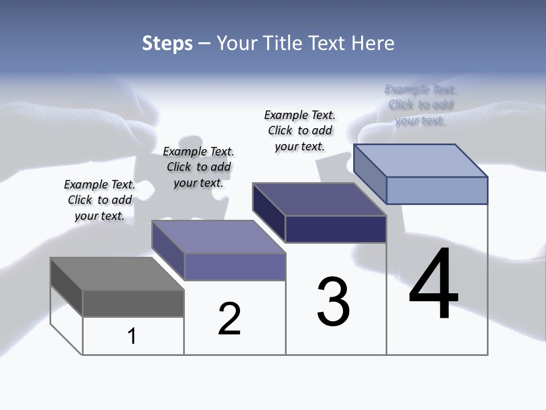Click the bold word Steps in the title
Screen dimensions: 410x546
tap(167, 43)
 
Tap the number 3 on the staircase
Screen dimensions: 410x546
tap(333, 302)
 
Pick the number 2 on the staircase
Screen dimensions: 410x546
tap(230, 319)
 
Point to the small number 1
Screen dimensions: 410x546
tap(131, 337)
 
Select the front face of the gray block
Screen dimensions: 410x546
tap(133, 303)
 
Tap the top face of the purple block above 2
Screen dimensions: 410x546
tap(218, 237)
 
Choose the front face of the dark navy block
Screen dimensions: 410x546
tap(336, 229)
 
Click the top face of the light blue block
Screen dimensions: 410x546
tap(421, 161)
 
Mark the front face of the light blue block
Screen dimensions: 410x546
tap(437, 190)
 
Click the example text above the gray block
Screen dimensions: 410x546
tap(100, 200)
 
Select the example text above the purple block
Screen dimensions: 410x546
tap(198, 167)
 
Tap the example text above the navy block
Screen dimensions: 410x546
tap(300, 130)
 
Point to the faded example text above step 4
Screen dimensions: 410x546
tap(420, 105)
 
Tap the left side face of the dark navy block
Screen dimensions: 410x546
tap(269, 212)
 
